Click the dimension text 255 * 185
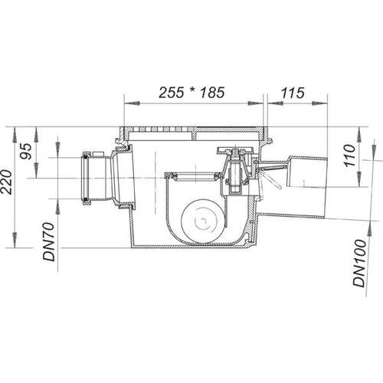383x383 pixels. [x=191, y=93]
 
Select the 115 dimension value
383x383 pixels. [x=293, y=93]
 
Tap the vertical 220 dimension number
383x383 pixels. [x=6, y=182]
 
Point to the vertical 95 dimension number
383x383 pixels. [x=26, y=152]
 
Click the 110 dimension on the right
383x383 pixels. [x=349, y=155]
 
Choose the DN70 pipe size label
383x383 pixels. [x=49, y=241]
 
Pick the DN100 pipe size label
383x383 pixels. [x=359, y=264]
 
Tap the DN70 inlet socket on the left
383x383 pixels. [x=101, y=178]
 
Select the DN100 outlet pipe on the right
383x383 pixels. [x=306, y=189]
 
